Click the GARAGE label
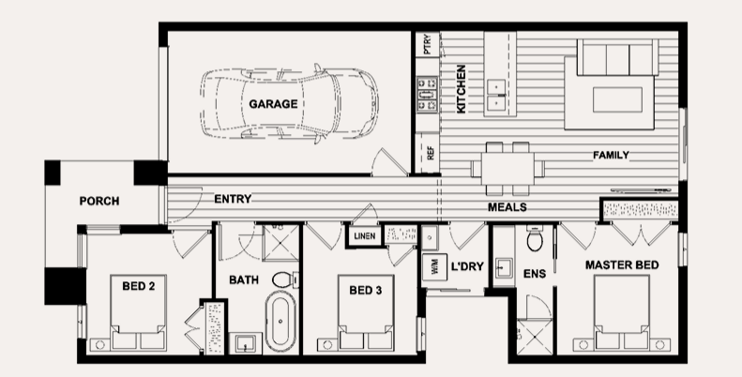tap(273, 104)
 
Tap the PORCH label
tap(99, 201)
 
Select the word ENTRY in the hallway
tap(233, 199)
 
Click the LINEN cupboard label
tap(364, 235)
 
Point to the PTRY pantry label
tap(428, 44)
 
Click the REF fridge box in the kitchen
tap(428, 153)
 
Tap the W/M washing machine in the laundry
tap(435, 266)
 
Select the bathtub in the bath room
tap(280, 321)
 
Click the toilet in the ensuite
tap(536, 238)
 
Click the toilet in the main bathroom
tap(285, 279)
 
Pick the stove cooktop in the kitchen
tap(427, 95)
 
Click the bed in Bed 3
tap(365, 312)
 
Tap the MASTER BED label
tap(622, 265)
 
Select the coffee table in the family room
tap(617, 99)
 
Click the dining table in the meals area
tap(507, 169)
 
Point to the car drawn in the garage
tap(290, 103)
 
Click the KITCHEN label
tap(461, 89)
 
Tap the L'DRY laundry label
tap(467, 266)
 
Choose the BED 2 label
tap(138, 286)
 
